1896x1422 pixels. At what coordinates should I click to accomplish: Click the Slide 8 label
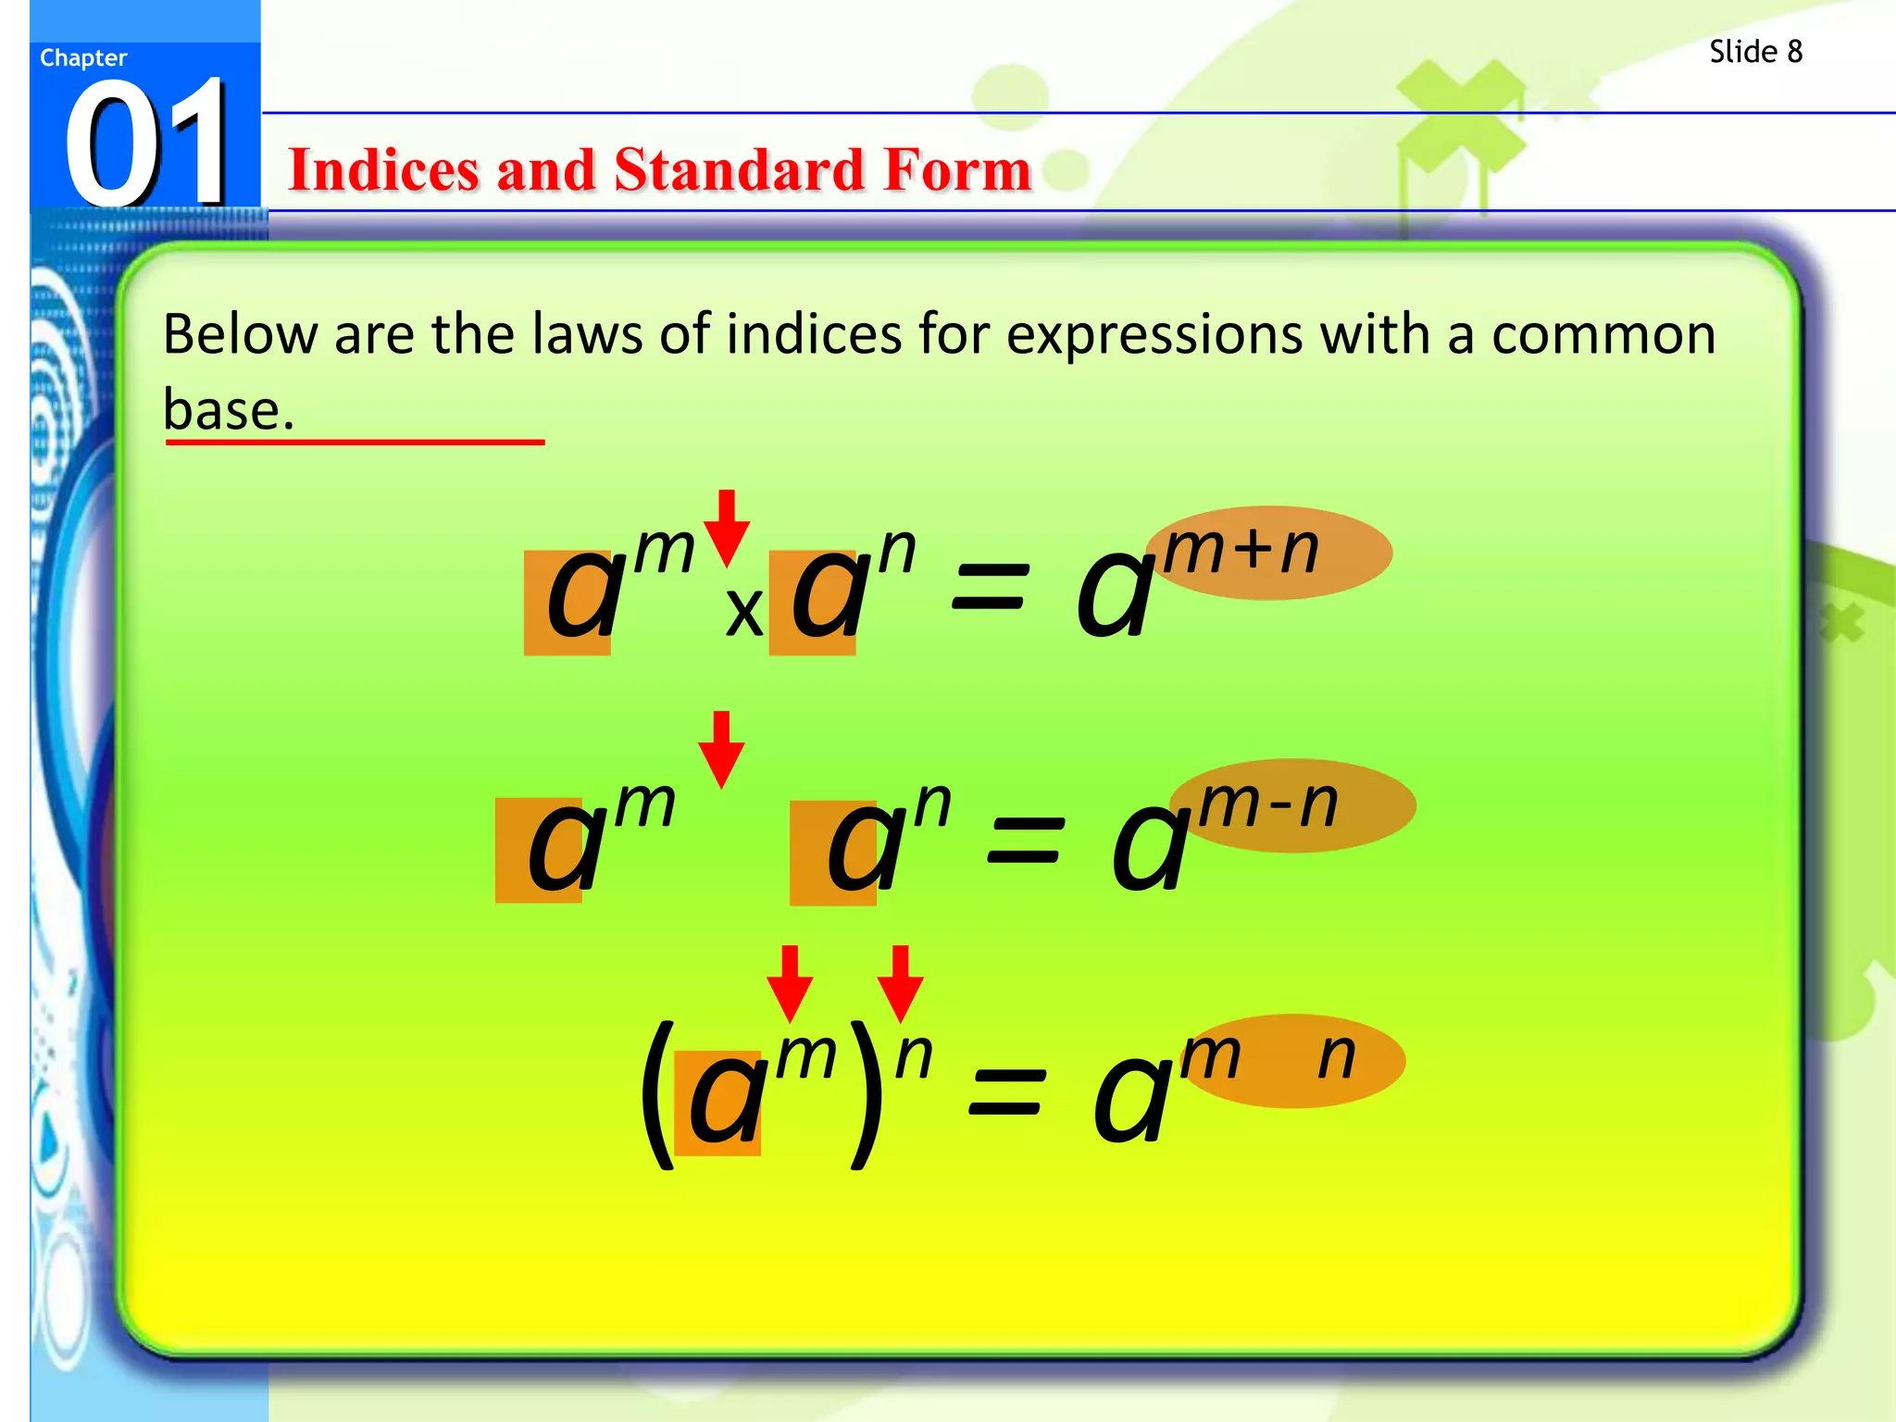pos(1755,52)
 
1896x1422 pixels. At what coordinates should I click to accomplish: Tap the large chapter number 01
pos(146,143)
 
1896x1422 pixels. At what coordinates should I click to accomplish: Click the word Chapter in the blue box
pos(83,57)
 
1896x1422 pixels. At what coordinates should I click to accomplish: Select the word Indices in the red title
pos(382,170)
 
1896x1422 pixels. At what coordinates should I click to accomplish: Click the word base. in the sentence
pos(228,409)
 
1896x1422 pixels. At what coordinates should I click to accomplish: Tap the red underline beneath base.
pos(355,443)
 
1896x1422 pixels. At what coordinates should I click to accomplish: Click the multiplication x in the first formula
pos(743,612)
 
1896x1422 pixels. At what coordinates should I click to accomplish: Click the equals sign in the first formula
pos(990,589)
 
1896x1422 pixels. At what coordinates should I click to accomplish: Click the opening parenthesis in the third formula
pos(658,1094)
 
